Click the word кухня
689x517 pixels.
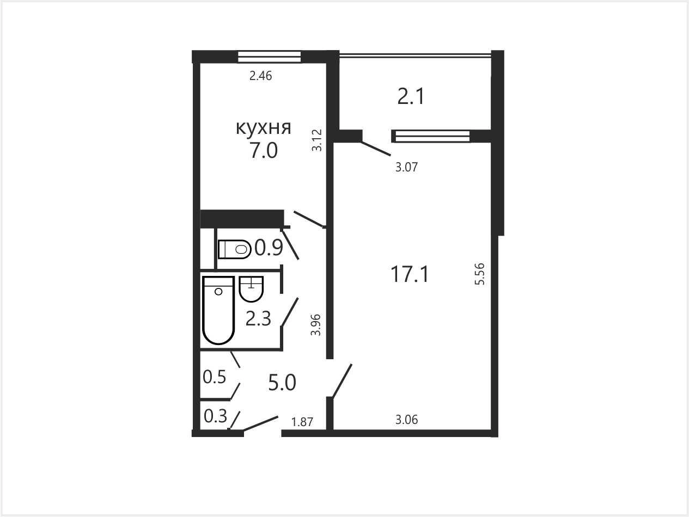pos(264,128)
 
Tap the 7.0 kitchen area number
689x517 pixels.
pos(264,150)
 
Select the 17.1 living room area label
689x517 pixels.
pos(410,274)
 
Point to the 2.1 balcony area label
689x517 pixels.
pos(411,96)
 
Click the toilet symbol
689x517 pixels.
pos(235,249)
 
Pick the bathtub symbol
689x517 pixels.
pos(219,310)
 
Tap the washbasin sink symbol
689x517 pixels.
pos(251,289)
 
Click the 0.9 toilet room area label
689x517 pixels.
pos(269,248)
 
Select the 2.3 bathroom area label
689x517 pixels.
pos(258,319)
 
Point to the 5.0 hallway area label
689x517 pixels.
pos(282,383)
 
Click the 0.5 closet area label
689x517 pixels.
pos(215,377)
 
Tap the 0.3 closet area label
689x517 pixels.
pos(215,416)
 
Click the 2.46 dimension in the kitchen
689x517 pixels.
pos(260,76)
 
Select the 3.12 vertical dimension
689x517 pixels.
pos(317,140)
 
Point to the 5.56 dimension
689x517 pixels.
pos(480,274)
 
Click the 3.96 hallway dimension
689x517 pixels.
pos(316,325)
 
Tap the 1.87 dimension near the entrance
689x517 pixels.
pos(302,422)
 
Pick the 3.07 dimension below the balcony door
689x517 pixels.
pos(406,167)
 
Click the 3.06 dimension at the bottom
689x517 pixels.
pos(406,420)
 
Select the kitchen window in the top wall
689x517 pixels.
pos(269,57)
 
